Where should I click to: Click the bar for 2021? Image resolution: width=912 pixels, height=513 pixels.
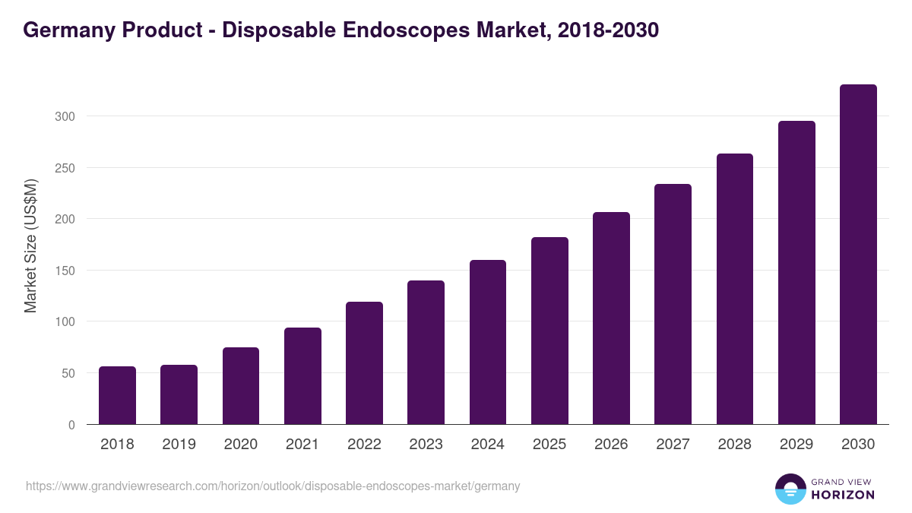[x=302, y=376]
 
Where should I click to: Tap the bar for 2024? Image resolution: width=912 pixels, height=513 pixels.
[x=488, y=342]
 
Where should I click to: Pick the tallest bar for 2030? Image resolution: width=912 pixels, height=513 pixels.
[x=858, y=255]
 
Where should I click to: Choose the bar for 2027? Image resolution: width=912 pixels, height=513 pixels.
[x=673, y=304]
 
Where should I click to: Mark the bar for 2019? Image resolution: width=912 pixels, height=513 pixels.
[x=179, y=394]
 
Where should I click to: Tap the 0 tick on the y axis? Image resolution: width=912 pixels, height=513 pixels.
[x=71, y=425]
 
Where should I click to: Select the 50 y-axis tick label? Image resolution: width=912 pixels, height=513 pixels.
[x=68, y=373]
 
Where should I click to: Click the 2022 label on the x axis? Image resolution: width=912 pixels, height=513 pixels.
[x=364, y=445]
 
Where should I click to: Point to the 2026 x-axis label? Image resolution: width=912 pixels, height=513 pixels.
[x=611, y=445]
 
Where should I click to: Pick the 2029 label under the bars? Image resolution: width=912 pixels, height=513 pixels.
[x=796, y=445]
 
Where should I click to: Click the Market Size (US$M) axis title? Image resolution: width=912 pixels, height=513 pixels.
[x=30, y=245]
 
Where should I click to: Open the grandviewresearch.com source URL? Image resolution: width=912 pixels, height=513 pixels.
[x=273, y=486]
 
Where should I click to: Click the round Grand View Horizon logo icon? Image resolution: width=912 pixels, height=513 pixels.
[x=790, y=489]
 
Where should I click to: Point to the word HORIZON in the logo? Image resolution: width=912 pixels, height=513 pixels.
[x=843, y=495]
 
